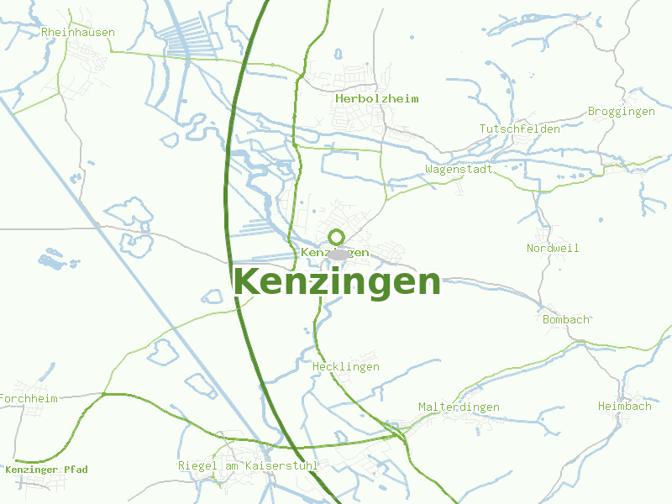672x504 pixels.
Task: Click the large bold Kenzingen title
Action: (x=337, y=282)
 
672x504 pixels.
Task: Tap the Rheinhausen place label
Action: (x=78, y=33)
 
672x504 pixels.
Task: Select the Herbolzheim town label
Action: (x=376, y=98)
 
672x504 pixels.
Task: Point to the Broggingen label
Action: (x=622, y=111)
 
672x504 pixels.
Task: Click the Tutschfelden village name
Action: (x=519, y=129)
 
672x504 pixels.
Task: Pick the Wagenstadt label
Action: (x=459, y=169)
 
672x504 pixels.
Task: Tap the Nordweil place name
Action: (x=553, y=248)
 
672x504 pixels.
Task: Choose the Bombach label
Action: (x=566, y=320)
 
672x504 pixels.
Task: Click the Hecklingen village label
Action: (x=345, y=367)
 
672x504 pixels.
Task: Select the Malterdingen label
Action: (x=459, y=407)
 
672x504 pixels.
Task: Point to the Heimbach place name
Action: (x=624, y=406)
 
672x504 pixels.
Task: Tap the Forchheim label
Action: (x=29, y=398)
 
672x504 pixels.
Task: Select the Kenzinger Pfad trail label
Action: (x=46, y=470)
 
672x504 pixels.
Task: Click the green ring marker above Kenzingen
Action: (x=337, y=237)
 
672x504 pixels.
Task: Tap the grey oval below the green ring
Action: (x=339, y=255)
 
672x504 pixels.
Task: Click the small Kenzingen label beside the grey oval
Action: (x=334, y=252)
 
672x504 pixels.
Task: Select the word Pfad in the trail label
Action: (x=74, y=470)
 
